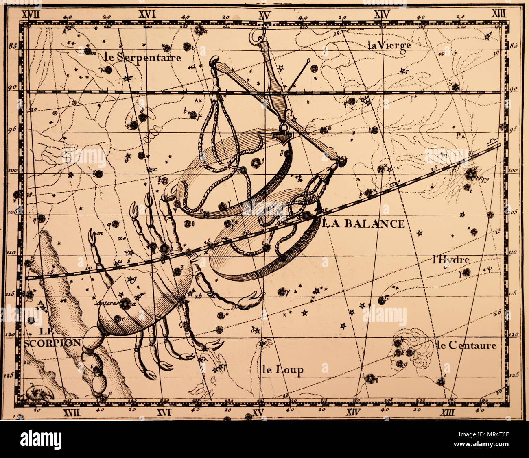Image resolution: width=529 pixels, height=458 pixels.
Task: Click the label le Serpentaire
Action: (142, 57)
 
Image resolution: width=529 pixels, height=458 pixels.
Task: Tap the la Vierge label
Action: (389, 46)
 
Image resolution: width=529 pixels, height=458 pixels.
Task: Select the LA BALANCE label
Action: (364, 223)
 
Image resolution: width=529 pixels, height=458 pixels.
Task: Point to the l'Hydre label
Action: (451, 260)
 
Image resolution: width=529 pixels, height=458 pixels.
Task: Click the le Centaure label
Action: (467, 345)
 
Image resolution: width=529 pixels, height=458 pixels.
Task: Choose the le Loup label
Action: (282, 370)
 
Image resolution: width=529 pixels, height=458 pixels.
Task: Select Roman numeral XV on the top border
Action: (264, 15)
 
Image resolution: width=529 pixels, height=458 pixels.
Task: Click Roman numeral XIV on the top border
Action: (382, 15)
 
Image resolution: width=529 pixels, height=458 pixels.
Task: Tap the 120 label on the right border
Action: (513, 334)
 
